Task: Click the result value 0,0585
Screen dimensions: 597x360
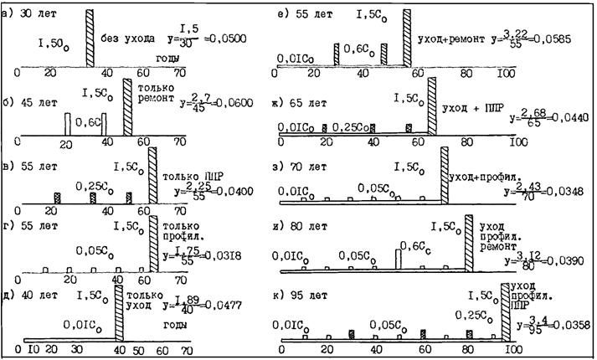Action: (x=554, y=39)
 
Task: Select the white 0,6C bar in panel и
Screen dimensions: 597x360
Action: (x=400, y=255)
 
